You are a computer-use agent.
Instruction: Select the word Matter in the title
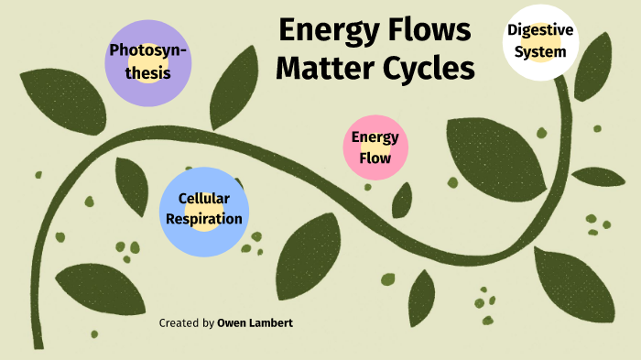[x=325, y=69]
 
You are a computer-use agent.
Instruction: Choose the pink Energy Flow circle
[x=375, y=147]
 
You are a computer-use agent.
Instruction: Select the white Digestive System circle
[x=540, y=41]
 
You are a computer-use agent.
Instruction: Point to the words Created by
[x=187, y=323]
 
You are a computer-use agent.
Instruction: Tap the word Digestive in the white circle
[x=540, y=30]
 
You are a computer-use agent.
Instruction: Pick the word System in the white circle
[x=540, y=51]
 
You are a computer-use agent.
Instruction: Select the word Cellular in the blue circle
[x=203, y=198]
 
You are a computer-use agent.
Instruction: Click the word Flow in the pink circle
[x=375, y=158]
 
